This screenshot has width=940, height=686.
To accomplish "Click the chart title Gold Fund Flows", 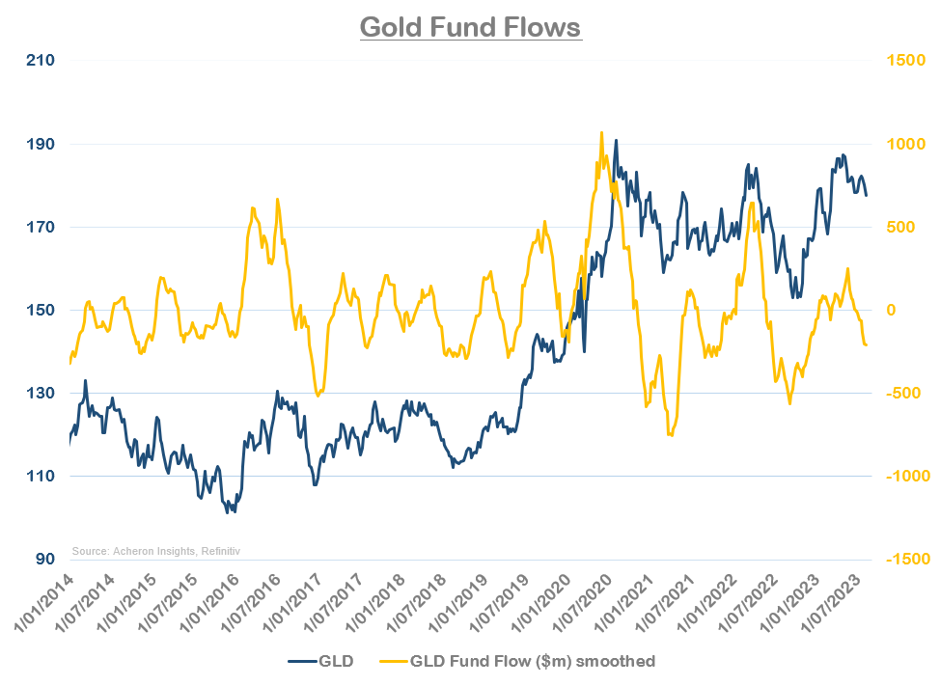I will point(470,26).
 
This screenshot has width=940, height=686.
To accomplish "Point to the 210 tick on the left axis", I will point(40,61).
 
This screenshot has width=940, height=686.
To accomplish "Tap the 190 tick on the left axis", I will point(40,144).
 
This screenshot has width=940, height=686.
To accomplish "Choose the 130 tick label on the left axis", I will point(40,393).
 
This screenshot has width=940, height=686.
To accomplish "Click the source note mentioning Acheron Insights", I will point(155,551).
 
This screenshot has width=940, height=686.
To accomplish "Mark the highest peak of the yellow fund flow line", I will point(601,133).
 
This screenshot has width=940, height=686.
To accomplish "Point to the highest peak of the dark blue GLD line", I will point(616,140).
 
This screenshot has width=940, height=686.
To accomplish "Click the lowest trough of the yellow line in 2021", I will point(670,435).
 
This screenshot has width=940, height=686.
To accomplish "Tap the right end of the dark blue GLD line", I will point(866,196).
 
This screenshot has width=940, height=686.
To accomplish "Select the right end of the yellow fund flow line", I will point(866,344).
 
